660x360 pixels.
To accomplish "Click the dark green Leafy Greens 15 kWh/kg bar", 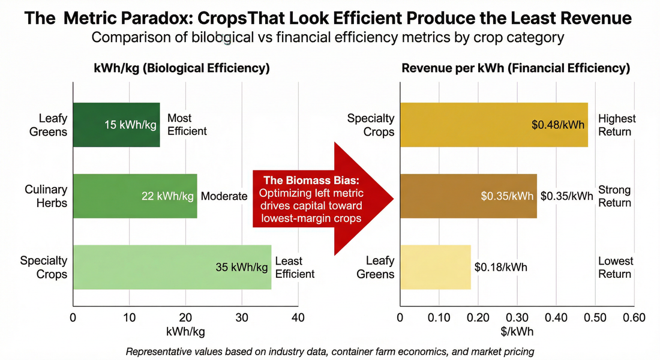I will (x=116, y=125).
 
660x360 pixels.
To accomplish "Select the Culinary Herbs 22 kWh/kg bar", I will (x=134, y=196).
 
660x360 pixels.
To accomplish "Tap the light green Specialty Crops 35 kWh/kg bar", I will (x=172, y=268).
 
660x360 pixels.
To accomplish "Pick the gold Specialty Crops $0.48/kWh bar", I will (x=493, y=125).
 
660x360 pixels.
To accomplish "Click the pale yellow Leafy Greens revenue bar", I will (x=435, y=268).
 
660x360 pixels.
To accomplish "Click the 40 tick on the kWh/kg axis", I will (x=298, y=317).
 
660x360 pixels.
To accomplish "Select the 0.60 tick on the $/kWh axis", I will (x=634, y=317).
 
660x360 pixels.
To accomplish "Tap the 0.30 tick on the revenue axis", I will (x=517, y=317).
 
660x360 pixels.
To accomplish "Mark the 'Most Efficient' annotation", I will (x=187, y=125).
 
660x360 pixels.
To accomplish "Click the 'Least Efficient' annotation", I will (x=295, y=268).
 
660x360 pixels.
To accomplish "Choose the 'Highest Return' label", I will (x=617, y=125).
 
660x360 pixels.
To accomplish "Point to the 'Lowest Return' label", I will (x=615, y=268).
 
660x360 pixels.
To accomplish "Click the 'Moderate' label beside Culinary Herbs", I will (x=224, y=196).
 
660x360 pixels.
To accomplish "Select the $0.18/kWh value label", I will (x=500, y=268).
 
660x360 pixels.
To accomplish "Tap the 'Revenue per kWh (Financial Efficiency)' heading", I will (x=515, y=68).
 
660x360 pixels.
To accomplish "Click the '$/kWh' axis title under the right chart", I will (x=517, y=331).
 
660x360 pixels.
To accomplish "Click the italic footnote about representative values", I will (x=329, y=352).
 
